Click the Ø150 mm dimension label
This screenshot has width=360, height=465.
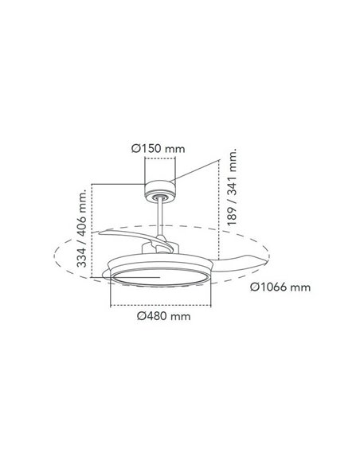point(159,147)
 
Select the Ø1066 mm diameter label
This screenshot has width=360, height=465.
point(279,287)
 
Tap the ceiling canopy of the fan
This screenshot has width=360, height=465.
point(159,190)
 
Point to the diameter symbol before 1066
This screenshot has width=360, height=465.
point(255,287)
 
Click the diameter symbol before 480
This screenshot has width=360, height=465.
point(141,317)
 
